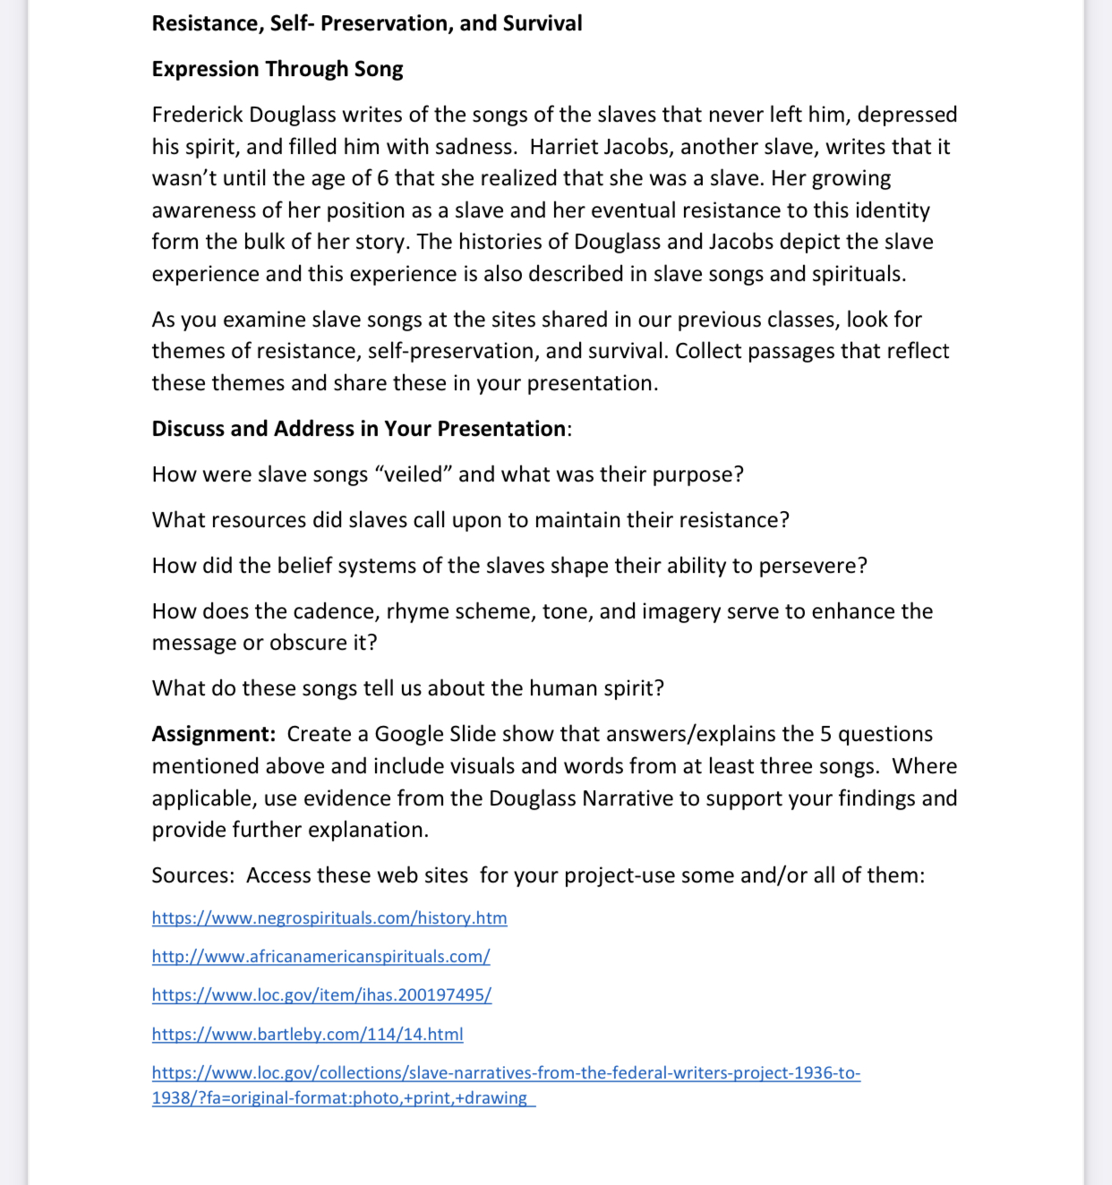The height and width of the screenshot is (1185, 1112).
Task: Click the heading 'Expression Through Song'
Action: pos(278,69)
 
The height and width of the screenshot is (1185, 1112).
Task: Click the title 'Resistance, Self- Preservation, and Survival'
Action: pos(367,23)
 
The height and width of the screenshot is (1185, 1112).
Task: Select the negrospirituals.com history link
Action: pos(329,918)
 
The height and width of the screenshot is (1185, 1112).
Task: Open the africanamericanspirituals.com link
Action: pos(321,957)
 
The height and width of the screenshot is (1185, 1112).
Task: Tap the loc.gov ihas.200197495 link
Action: pos(321,995)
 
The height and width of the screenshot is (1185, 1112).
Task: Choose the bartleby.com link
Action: pos(307,1035)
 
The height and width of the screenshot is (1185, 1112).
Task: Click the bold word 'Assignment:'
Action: pos(213,734)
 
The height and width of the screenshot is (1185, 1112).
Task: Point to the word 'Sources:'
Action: pos(192,875)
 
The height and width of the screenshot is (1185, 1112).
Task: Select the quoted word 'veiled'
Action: pos(417,474)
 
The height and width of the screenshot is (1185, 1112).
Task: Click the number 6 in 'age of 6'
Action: pos(382,178)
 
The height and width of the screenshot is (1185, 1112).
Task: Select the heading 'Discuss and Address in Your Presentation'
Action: pos(358,429)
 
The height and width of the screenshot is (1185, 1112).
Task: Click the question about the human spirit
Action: pos(407,688)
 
